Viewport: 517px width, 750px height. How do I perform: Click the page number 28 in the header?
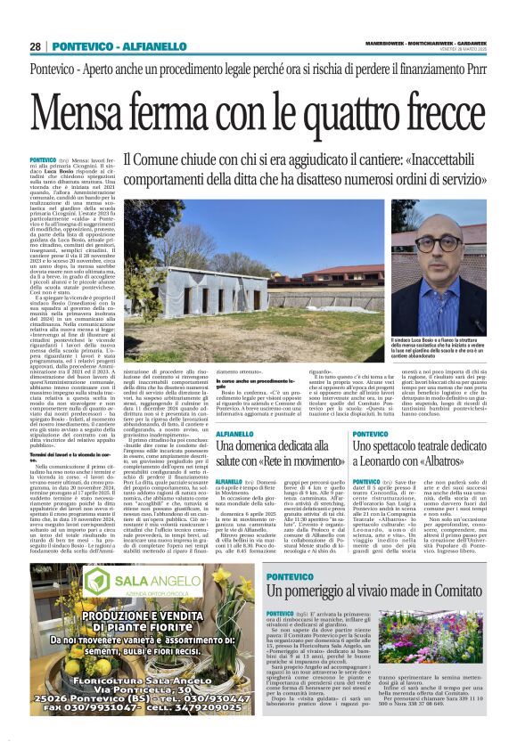click(35, 45)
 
